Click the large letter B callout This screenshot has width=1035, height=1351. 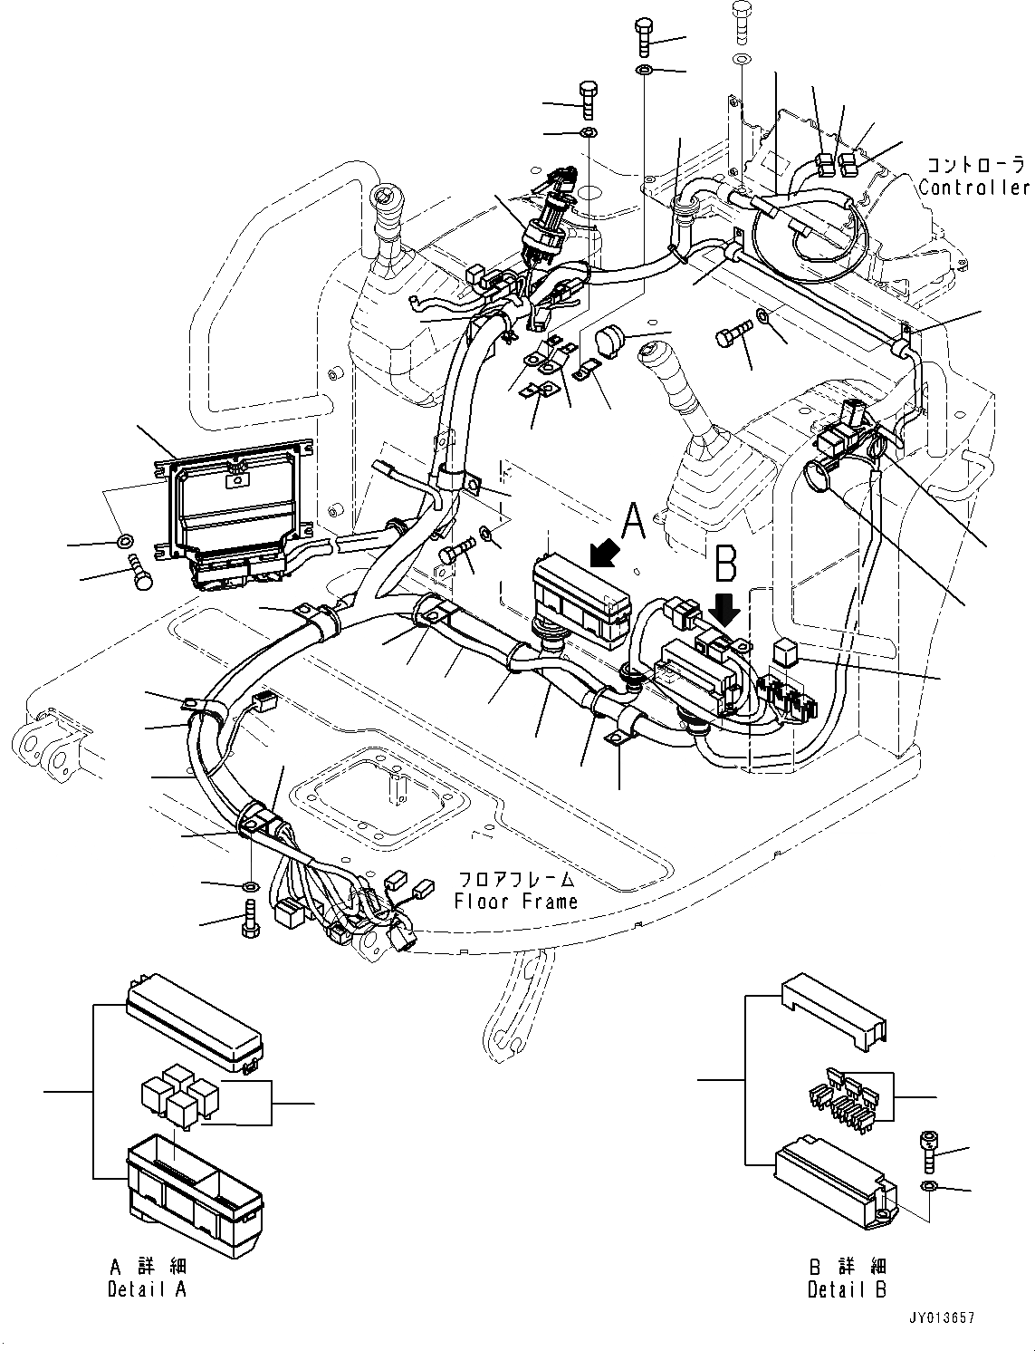click(x=726, y=562)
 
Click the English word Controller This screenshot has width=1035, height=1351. click(x=974, y=188)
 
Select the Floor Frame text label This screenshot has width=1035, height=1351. click(x=515, y=901)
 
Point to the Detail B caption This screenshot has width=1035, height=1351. click(x=847, y=1289)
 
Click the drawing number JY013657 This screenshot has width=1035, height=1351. click(x=945, y=1319)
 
